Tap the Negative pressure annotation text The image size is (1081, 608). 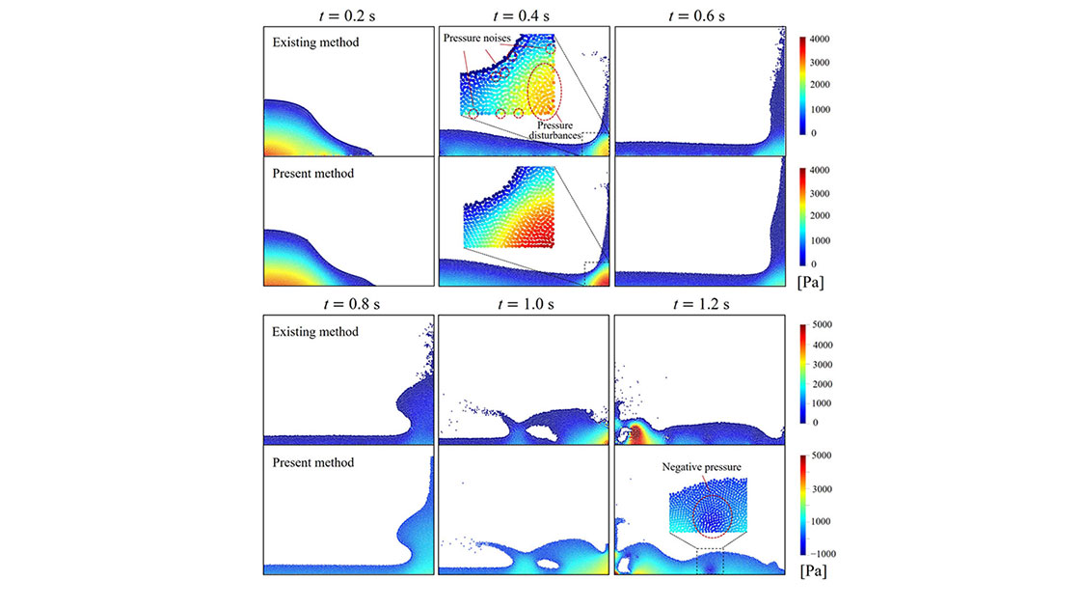point(701,467)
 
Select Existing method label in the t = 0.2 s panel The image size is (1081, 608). point(315,42)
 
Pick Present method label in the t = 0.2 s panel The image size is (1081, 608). point(313,174)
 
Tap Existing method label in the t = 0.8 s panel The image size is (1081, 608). point(315,332)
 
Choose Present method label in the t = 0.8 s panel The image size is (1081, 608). point(313,462)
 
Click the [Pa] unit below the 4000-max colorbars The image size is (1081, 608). point(810,284)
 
